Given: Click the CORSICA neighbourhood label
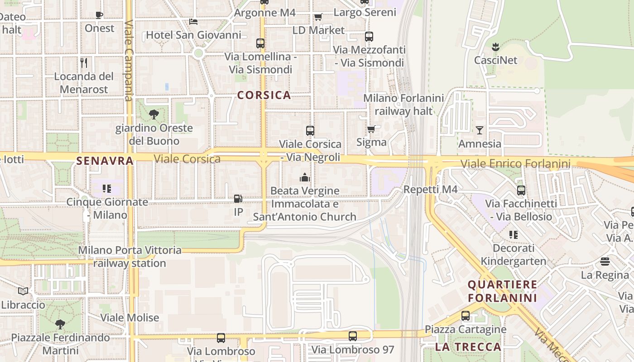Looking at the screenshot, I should click(264, 95).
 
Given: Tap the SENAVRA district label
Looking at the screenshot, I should click(105, 161).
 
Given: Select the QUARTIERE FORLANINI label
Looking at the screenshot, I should click(502, 291).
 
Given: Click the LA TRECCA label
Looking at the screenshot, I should click(468, 347).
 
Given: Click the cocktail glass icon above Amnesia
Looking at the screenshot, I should click(480, 130).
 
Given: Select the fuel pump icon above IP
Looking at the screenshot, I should click(238, 198).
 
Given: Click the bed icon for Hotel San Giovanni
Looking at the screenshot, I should click(193, 21).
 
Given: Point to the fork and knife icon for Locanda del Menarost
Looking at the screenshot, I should click(84, 62).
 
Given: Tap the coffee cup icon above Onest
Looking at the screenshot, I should click(99, 15).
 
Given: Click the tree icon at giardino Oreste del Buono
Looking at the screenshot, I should click(154, 114).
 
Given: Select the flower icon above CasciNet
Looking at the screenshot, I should click(495, 46).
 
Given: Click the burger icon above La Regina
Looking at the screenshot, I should click(605, 261).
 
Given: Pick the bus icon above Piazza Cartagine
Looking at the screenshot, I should click(465, 316).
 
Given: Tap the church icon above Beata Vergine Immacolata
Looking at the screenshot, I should click(305, 177).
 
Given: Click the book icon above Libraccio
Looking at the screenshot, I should click(23, 291).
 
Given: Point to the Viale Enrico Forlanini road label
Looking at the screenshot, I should click(515, 163).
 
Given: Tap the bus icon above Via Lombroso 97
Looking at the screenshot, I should click(353, 336).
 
